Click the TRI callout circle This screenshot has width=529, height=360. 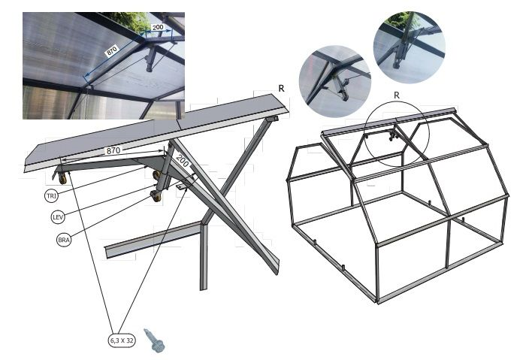[51, 195]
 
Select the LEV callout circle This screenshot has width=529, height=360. [58, 217]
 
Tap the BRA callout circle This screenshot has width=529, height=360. [64, 240]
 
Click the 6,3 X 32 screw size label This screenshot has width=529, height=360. [122, 340]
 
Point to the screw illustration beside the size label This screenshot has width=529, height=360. [153, 340]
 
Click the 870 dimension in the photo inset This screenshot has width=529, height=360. [112, 51]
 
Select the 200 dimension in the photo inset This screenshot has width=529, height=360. [158, 27]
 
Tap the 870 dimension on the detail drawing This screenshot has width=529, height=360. [113, 150]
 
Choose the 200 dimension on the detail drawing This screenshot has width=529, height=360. [183, 161]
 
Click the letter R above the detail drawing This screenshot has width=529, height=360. [281, 89]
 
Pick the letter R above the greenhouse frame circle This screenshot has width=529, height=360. [397, 95]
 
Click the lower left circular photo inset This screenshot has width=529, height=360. [334, 81]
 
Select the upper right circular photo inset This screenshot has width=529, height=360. [410, 47]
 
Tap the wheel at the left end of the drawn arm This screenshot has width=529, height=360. [62, 178]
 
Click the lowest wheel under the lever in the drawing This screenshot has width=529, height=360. [156, 196]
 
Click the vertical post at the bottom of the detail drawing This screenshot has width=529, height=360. [204, 256]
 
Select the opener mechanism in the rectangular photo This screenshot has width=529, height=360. [150, 59]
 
